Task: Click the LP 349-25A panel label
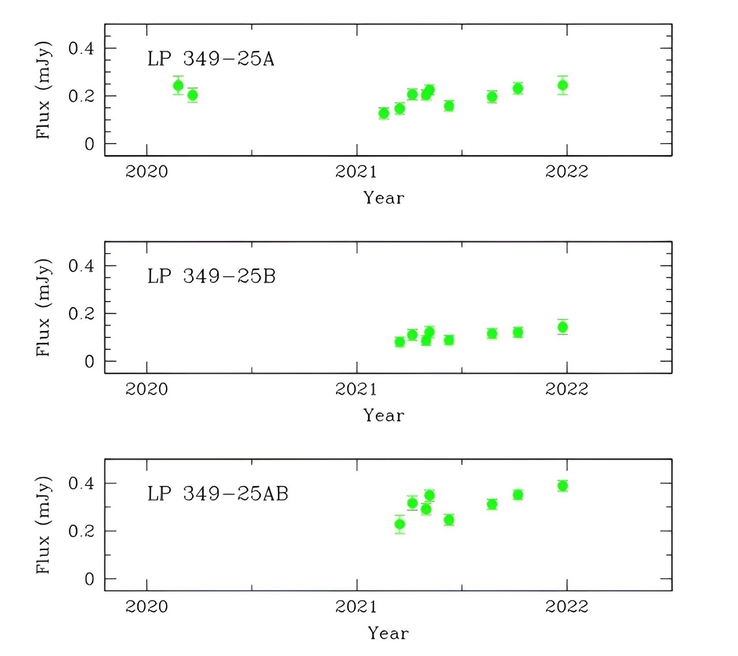[x=210, y=59]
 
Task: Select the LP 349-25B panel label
[x=211, y=276]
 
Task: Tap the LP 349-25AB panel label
[x=217, y=493]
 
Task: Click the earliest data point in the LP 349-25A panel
[x=178, y=86]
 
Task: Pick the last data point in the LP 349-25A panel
[x=563, y=85]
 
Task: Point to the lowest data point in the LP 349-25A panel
[x=384, y=114]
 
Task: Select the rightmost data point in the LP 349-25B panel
[x=563, y=327]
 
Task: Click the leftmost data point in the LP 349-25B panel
[x=400, y=342]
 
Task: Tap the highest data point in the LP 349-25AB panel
[x=563, y=486]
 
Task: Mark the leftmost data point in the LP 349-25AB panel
[x=400, y=525]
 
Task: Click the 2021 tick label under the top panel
[x=356, y=171]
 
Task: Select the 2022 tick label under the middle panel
[x=566, y=389]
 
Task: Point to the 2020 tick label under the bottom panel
[x=146, y=606]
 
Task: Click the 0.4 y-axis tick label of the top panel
[x=81, y=48]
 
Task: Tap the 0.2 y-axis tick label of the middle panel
[x=81, y=314]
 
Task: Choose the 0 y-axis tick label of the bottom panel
[x=89, y=579]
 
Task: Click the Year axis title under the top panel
[x=384, y=198]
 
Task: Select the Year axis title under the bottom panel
[x=389, y=633]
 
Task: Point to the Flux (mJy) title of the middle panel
[x=43, y=307]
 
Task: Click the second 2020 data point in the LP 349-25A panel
[x=193, y=95]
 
